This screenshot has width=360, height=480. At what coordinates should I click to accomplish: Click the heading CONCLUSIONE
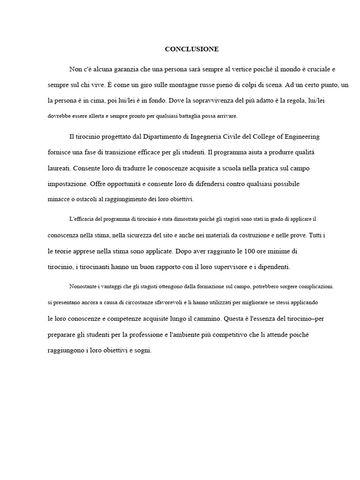(192, 49)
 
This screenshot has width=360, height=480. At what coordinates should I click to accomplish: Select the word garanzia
(120, 70)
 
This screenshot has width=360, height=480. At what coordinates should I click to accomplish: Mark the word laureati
(59, 168)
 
